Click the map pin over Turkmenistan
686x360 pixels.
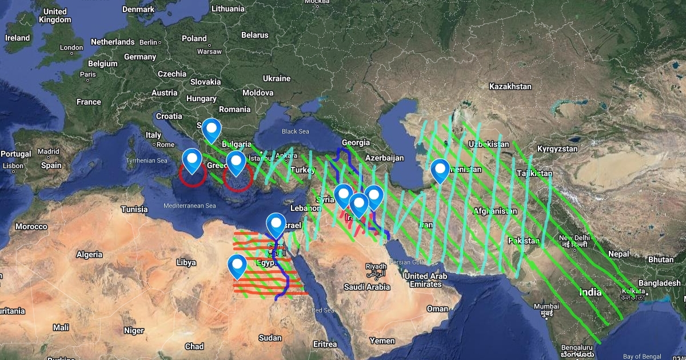440,170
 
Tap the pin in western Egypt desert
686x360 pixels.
237,266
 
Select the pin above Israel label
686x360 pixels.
276,225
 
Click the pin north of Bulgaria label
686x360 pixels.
212,130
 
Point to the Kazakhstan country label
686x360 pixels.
510,86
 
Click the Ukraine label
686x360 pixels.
277,78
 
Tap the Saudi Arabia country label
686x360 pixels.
370,287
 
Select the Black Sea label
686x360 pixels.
295,131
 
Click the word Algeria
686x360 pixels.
89,254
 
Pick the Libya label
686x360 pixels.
186,262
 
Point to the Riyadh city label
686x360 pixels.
376,266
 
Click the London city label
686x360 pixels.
71,48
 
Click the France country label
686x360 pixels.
89,102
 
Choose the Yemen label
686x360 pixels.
382,341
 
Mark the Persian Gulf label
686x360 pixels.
400,262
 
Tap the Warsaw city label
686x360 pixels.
209,51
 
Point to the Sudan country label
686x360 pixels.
270,338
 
